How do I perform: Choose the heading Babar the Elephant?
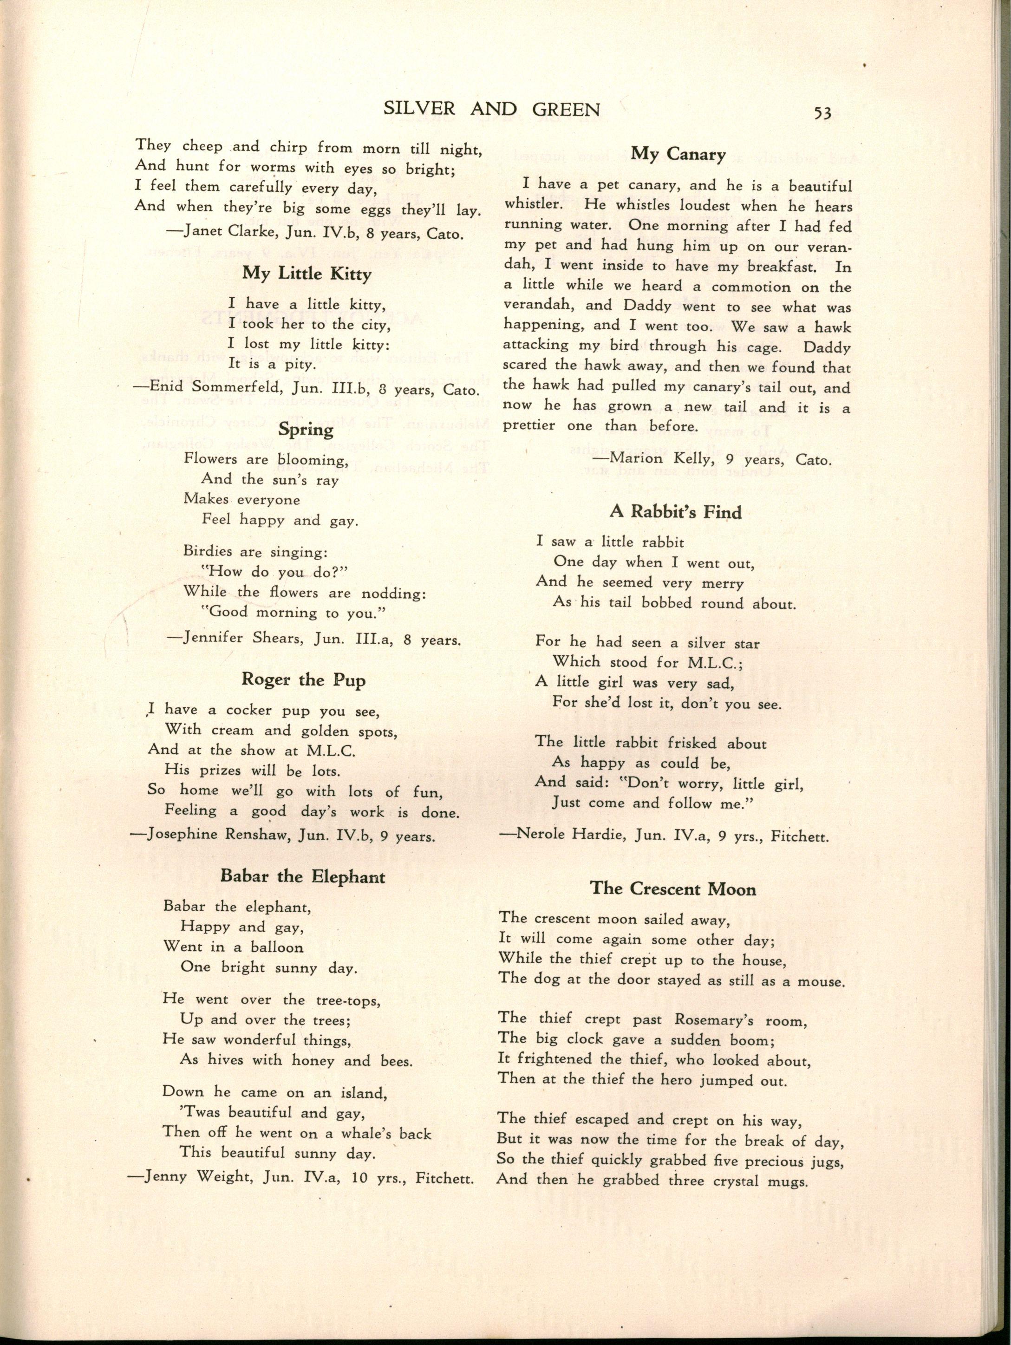(x=303, y=876)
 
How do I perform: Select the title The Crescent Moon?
(x=673, y=889)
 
